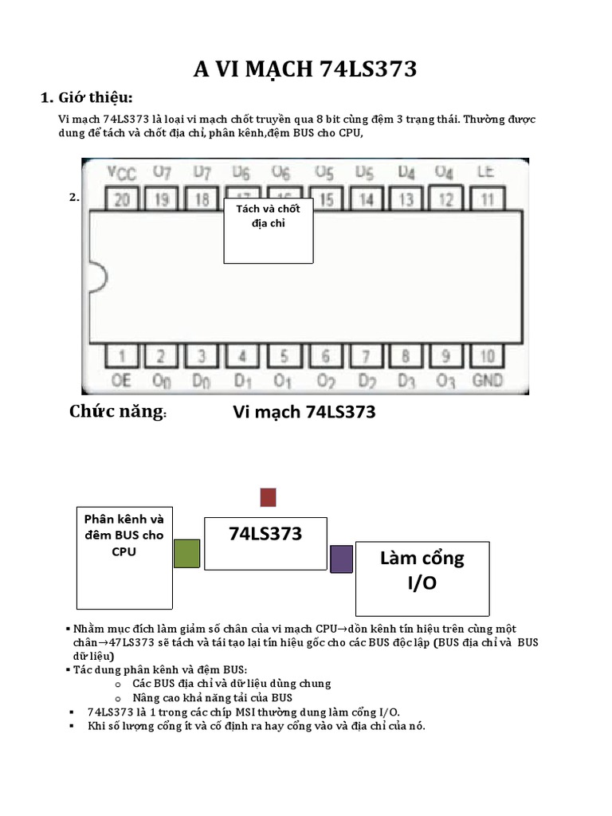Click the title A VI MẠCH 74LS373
[x=305, y=69]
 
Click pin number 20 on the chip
[x=121, y=199]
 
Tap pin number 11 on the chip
[x=488, y=199]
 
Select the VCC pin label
[x=121, y=171]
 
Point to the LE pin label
[x=485, y=171]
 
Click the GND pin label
[x=488, y=380]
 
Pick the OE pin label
[x=121, y=380]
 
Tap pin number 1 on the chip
[x=121, y=356]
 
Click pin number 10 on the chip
[x=488, y=356]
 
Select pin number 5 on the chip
[x=284, y=356]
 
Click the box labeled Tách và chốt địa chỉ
[x=268, y=230]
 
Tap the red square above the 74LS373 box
[x=268, y=497]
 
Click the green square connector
[x=186, y=553]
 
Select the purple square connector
[x=341, y=558]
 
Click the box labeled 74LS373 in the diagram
[x=265, y=543]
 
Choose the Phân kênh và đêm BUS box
[x=124, y=556]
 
